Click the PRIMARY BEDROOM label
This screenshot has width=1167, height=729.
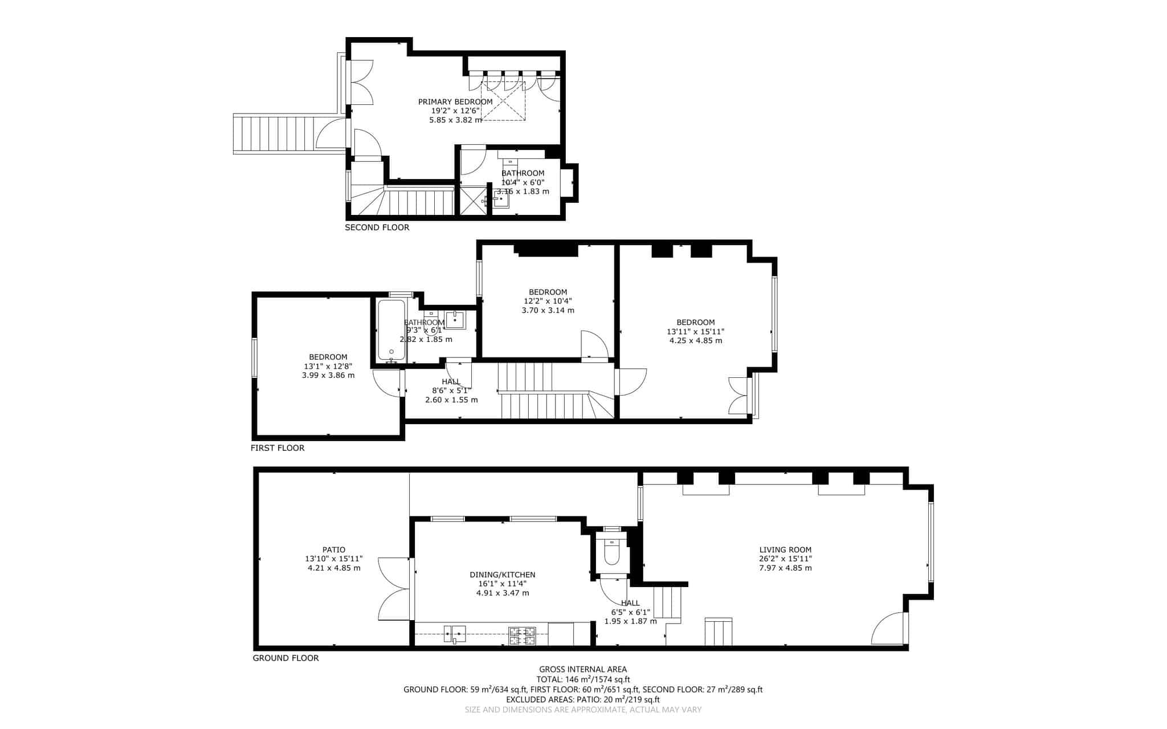pos(455,101)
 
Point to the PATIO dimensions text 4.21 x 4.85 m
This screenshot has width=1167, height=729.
pos(334,568)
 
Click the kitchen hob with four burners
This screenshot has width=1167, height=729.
pos(523,636)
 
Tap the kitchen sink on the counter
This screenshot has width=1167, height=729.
pos(455,633)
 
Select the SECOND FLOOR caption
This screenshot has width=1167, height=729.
pos(377,227)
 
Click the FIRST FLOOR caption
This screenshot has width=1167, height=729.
pos(278,448)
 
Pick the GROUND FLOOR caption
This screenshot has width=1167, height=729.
pos(285,658)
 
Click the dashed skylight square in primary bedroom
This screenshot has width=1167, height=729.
pos(503,101)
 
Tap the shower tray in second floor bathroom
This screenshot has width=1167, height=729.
pos(472,200)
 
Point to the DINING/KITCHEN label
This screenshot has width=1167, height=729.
pos(502,575)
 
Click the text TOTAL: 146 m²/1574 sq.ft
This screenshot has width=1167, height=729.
pos(583,679)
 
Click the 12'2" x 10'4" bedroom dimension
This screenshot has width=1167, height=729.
pos(548,301)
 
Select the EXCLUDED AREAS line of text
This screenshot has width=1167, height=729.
pos(583,699)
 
